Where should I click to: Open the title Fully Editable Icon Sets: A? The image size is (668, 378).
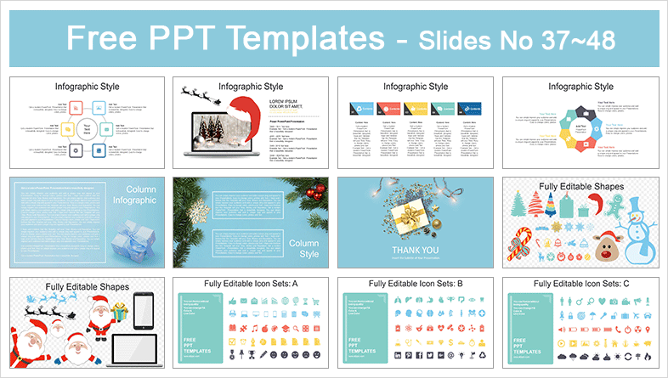point(250,283)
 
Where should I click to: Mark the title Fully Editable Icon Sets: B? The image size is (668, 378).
point(415,283)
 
